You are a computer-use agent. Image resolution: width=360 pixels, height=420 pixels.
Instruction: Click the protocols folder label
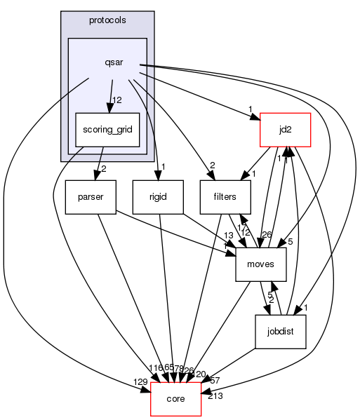pos(107,20)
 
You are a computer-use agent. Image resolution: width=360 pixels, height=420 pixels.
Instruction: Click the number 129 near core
pos(141,381)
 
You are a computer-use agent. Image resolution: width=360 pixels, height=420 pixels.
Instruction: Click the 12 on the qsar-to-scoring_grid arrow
pos(118,100)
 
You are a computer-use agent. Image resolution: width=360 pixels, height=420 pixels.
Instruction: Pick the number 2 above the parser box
pos(105,168)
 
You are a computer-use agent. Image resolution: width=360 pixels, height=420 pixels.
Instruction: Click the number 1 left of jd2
pos(251,107)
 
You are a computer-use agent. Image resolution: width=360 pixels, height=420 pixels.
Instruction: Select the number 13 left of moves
pos(228,235)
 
